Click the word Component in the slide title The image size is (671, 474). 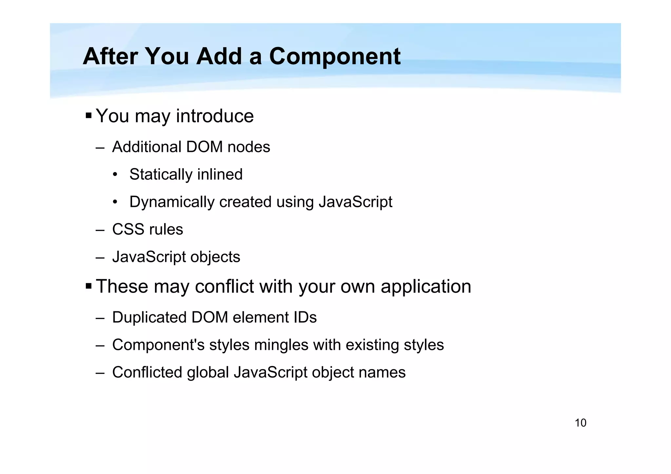tap(335, 57)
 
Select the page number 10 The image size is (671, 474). tap(580, 423)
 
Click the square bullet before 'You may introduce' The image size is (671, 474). tap(88, 116)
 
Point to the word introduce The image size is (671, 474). tap(215, 116)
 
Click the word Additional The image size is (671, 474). tap(146, 147)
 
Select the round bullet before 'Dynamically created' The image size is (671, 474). tap(115, 202)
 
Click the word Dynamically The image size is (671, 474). tap(172, 202)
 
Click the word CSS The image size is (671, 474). tap(127, 229)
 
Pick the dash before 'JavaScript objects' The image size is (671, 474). tap(100, 257)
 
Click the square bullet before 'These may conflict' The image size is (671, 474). tap(88, 286)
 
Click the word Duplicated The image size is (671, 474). tap(149, 318)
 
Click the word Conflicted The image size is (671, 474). tap(147, 373)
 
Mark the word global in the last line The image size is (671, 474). tap(208, 373)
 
